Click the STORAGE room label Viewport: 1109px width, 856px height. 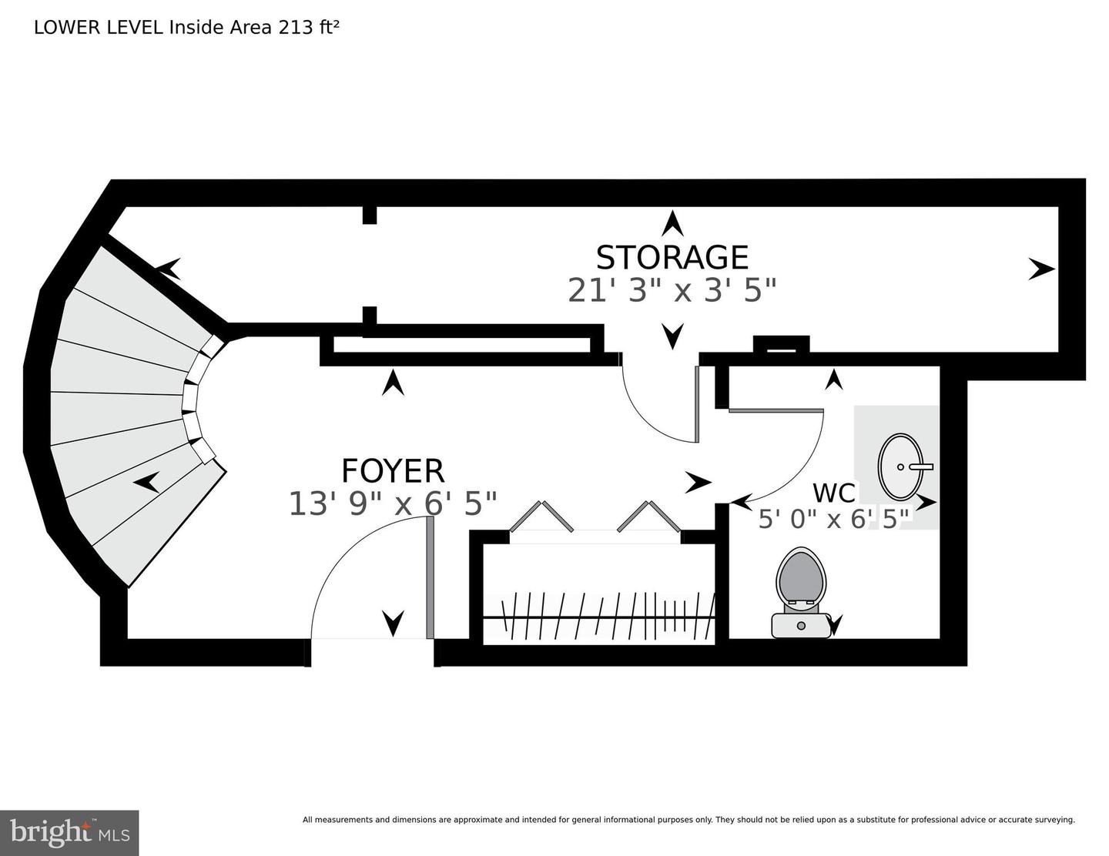click(672, 258)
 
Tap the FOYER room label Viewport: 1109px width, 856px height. click(393, 470)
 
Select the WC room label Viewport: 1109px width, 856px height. click(834, 493)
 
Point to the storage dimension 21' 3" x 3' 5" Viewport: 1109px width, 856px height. click(672, 291)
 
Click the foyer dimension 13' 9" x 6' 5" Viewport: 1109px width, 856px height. click(393, 503)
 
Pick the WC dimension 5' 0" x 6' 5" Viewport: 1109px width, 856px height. click(834, 520)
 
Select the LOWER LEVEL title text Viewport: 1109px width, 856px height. click(99, 28)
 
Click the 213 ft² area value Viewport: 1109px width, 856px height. click(308, 28)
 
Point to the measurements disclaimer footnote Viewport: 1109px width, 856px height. click(689, 820)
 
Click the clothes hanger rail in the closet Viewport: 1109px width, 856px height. click(598, 618)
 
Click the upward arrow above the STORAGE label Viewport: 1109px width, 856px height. click(672, 223)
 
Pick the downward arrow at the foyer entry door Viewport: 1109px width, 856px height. click(394, 624)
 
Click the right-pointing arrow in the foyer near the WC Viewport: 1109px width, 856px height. click(699, 482)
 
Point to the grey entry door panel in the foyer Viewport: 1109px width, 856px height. click(430, 577)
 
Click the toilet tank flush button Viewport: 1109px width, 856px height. click(801, 625)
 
